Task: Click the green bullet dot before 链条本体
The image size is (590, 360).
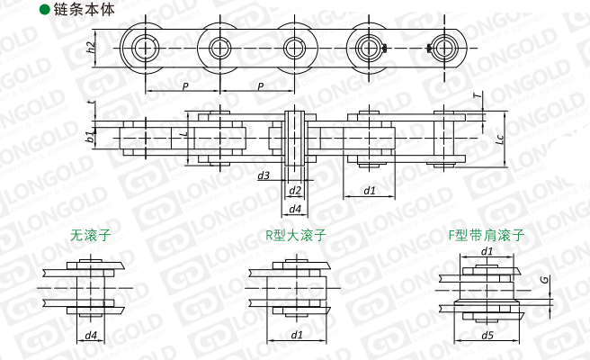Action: click(45, 10)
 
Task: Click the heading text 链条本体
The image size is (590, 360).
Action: click(84, 10)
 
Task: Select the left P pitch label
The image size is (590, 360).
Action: click(184, 86)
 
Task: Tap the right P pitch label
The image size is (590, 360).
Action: click(261, 86)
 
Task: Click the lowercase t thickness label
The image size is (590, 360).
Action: click(93, 103)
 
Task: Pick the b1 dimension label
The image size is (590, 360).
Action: click(90, 137)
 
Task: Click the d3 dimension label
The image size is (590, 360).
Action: click(264, 175)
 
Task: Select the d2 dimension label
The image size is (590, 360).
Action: click(295, 191)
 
